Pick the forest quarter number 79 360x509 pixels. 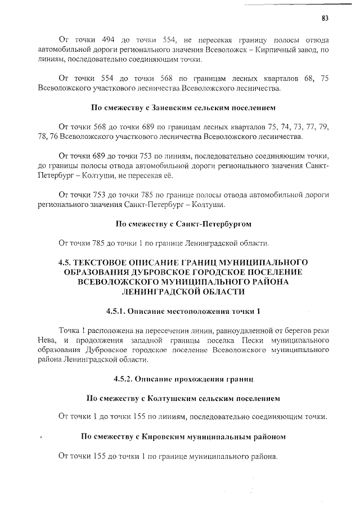coord(323,127)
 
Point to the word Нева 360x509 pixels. coord(47,340)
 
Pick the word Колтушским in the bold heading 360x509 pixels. coord(173,398)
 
